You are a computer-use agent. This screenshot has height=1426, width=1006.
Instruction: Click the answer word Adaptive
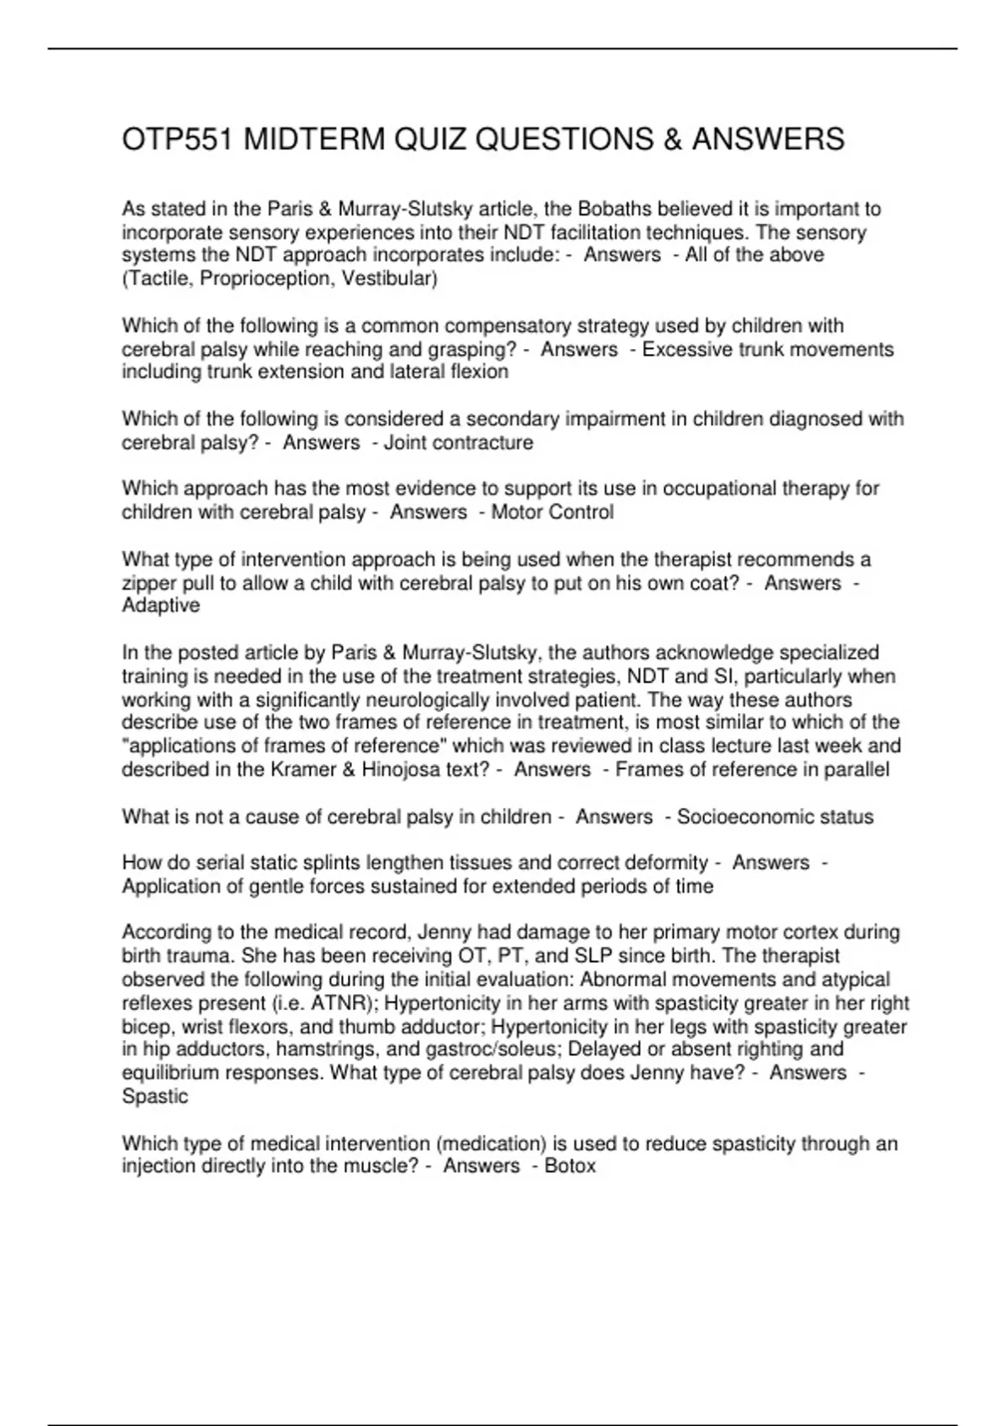161,606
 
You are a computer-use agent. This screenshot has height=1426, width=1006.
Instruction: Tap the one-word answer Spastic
155,1096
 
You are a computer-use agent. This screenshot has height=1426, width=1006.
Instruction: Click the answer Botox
570,1165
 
